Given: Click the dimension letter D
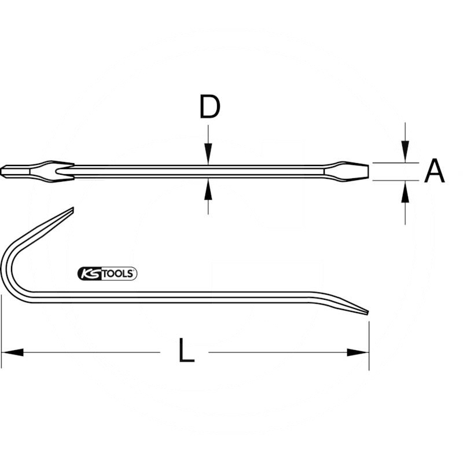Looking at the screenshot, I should (x=210, y=107).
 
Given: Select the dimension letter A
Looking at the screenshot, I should (x=434, y=171).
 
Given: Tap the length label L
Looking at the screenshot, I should (x=185, y=352).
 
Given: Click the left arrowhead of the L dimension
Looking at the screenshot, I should (x=12, y=352).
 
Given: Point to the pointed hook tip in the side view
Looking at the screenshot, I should (x=71, y=210).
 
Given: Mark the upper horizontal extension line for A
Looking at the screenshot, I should (x=394, y=163).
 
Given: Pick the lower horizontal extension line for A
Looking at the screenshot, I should (x=394, y=181).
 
